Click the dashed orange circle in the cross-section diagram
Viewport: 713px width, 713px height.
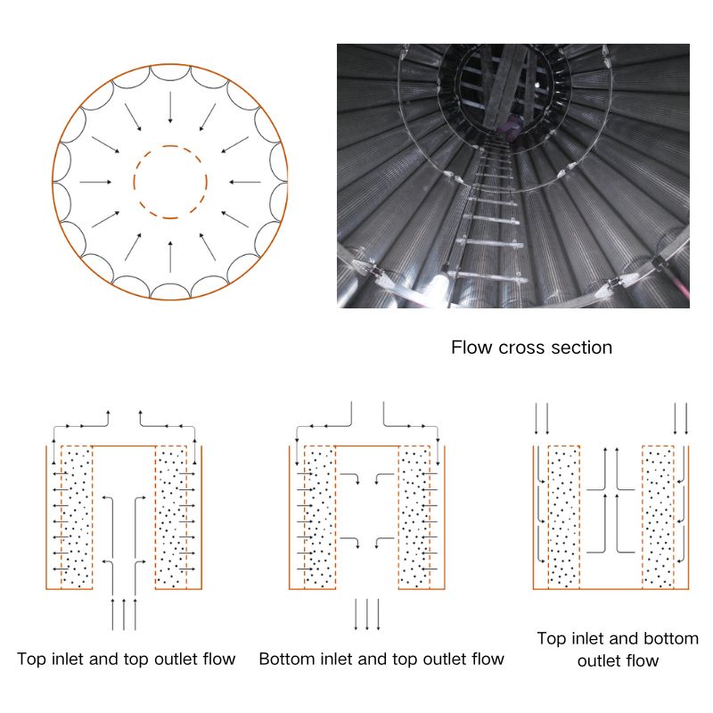170,182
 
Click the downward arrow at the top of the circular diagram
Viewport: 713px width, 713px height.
170,107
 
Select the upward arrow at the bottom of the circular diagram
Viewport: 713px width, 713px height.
170,257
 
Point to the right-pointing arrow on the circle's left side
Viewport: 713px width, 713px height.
95,182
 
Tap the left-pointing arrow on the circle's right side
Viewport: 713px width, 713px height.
244,182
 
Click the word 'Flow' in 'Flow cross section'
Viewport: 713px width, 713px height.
472,348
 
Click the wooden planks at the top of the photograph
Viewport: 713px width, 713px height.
504,86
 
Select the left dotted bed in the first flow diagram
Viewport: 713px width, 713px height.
77,517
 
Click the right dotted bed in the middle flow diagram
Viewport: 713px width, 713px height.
414,517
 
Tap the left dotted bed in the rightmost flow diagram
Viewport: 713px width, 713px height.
564,517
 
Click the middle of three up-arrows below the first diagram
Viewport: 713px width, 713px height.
124,614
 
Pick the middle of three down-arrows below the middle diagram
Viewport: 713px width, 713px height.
367,614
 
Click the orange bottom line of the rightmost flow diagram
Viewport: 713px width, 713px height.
611,589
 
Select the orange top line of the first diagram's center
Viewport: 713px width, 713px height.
124,447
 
